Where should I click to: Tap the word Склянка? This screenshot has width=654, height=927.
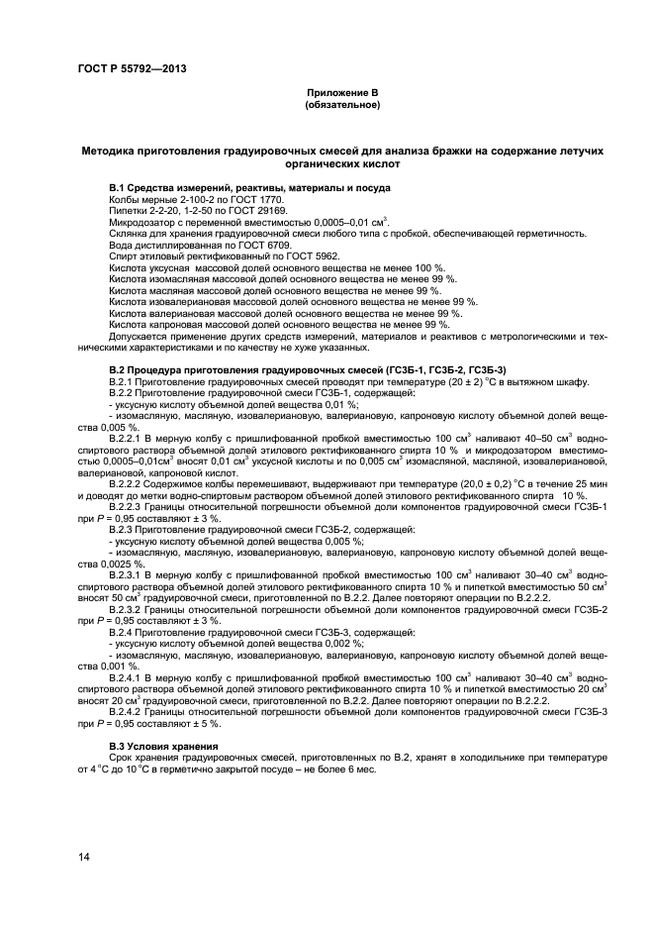click(127, 233)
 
